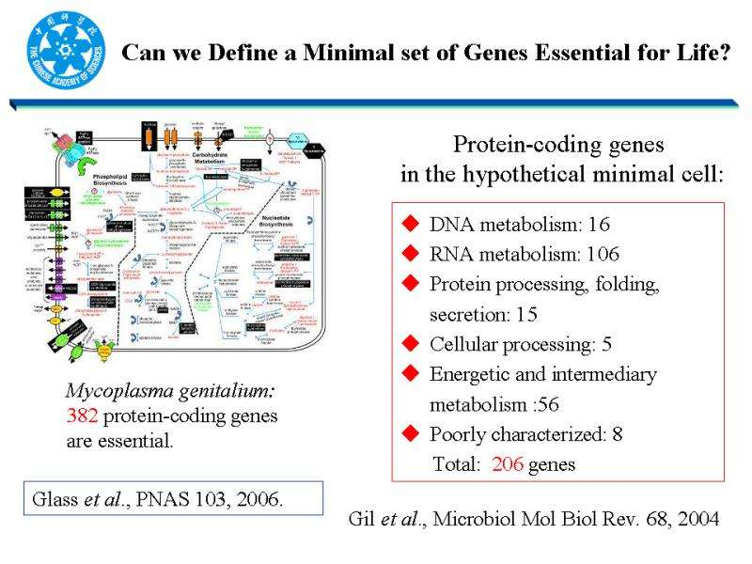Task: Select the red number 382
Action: (82, 416)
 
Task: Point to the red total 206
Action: (508, 464)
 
